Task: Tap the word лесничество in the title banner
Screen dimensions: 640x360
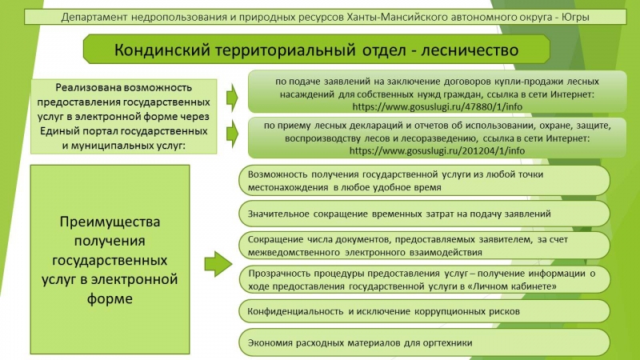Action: point(470,50)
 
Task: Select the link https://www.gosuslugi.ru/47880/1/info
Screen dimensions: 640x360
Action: point(437,107)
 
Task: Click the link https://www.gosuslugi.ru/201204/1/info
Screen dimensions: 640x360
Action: point(437,150)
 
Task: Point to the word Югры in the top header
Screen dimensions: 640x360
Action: point(575,18)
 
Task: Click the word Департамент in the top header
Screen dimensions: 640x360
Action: point(93,18)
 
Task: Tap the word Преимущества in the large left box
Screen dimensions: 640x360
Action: point(110,222)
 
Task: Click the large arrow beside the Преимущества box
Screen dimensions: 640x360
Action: point(218,264)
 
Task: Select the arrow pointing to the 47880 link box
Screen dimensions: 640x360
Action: point(232,98)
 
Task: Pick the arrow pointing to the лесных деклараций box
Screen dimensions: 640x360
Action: point(232,134)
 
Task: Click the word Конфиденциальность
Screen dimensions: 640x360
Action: point(295,311)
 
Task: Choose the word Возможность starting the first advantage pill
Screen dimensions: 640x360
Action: point(278,174)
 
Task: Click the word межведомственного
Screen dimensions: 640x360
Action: point(294,253)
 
